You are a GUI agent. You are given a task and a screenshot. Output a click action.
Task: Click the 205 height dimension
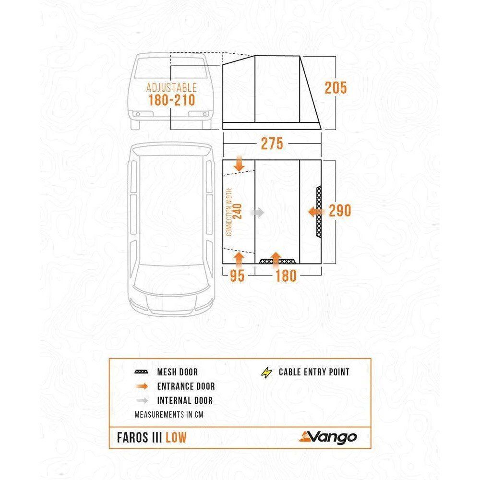tap(336, 88)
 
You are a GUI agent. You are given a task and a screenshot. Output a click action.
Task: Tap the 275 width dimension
tap(272, 144)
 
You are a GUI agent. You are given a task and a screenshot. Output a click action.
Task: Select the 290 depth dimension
tap(340, 211)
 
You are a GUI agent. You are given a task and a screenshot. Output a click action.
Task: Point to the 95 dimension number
tap(237, 276)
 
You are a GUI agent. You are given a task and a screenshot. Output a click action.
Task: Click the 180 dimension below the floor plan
tap(286, 276)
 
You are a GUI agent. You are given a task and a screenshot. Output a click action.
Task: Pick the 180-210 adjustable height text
tap(171, 100)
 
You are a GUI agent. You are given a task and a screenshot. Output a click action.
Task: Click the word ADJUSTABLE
tap(171, 88)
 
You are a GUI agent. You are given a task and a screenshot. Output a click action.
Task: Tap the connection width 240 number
tap(237, 212)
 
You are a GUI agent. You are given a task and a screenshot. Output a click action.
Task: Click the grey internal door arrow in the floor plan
tap(257, 212)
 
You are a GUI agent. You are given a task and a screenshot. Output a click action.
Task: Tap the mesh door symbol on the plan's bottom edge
tap(277, 262)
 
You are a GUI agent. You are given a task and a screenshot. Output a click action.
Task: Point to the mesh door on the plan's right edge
tap(319, 211)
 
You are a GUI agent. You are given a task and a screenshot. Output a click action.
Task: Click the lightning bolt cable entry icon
tap(266, 372)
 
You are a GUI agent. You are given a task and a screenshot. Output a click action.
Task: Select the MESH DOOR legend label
tap(177, 372)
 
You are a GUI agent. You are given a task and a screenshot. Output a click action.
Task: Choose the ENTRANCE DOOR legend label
tap(186, 386)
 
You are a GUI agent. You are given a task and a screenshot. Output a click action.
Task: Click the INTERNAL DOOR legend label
tap(185, 400)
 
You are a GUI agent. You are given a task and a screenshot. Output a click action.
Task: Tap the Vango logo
tap(328, 437)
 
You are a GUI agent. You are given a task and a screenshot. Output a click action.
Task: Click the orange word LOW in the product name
tap(176, 438)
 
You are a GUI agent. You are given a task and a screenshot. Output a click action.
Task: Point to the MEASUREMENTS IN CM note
tap(169, 415)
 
